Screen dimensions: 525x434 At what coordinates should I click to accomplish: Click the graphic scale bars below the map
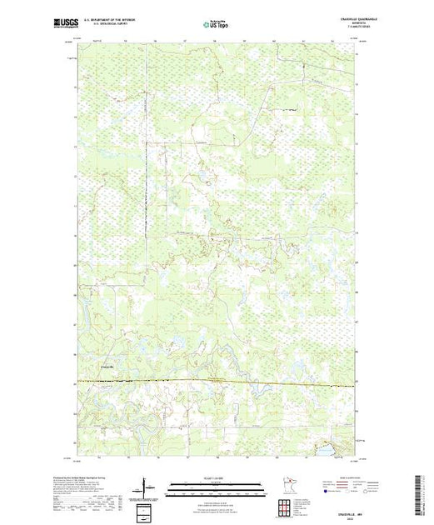click(x=217, y=488)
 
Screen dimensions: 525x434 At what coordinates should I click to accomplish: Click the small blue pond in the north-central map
click(x=202, y=176)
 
